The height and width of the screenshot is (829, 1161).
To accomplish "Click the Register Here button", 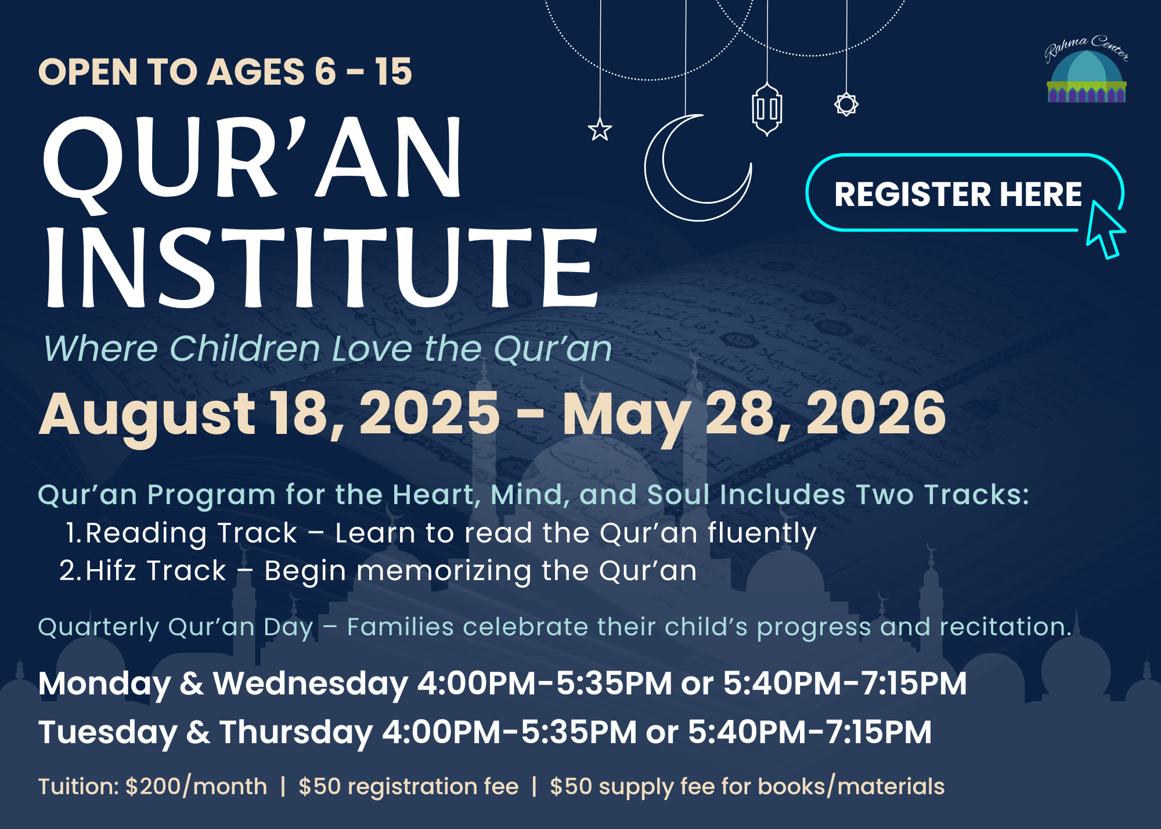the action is pos(964,193).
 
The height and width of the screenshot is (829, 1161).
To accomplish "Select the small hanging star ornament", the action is pos(600,129).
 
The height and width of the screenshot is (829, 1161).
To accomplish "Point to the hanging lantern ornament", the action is pos(767,109).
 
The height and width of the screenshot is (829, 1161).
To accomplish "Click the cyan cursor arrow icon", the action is pos(1105,230).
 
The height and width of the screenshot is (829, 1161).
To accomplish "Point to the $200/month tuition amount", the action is pos(196,787).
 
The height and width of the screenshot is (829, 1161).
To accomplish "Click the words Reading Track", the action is pos(192,533).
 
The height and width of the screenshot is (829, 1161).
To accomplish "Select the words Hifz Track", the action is pos(156,571).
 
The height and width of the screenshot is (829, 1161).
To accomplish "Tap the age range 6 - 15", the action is pos(363,72).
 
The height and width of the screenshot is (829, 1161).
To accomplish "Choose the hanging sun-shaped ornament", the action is pos(846,104).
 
